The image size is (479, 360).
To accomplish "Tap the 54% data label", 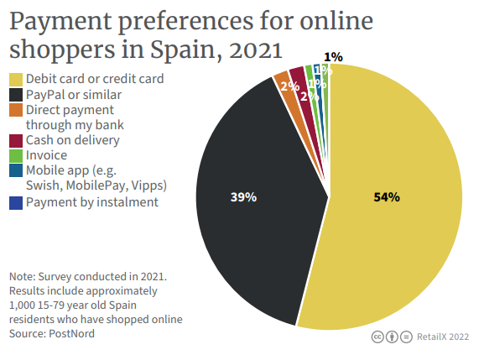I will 387,197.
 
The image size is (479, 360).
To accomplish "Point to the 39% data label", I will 243,197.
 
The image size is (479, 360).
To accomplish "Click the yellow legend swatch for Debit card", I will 16,80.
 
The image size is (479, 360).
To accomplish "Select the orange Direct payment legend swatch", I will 16,110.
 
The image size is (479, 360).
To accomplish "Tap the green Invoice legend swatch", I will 16,155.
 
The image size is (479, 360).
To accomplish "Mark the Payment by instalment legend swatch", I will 16,201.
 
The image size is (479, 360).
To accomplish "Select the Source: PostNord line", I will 52,334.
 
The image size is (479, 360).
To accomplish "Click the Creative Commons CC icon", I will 378,337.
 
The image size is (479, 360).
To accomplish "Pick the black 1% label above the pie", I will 333,57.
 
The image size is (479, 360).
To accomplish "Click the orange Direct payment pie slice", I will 281,81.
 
